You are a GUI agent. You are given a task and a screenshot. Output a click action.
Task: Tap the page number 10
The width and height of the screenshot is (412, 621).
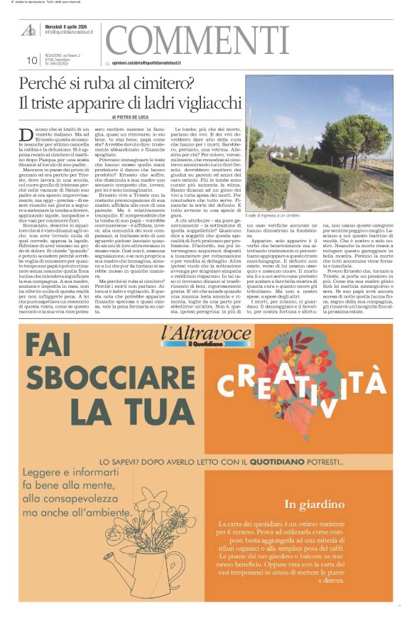(x=31, y=61)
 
